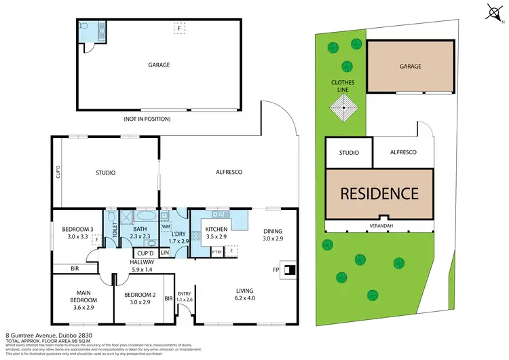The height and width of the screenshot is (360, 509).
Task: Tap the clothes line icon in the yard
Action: click(x=344, y=107)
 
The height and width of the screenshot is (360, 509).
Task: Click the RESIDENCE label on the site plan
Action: click(x=379, y=193)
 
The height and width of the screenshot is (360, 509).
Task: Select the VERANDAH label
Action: click(x=379, y=226)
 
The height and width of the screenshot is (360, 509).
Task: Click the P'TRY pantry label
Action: click(x=217, y=251)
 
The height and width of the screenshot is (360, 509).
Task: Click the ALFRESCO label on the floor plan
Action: click(x=229, y=173)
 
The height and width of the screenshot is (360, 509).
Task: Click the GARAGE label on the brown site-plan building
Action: click(x=411, y=67)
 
